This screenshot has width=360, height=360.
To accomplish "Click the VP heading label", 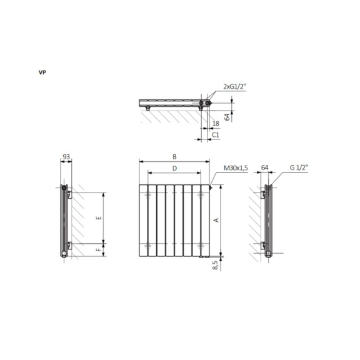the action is click(42, 72).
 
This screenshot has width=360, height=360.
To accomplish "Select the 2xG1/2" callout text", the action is click(234, 87).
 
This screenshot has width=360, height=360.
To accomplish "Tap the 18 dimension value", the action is click(216, 124).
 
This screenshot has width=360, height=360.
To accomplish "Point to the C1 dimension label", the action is click(216, 135).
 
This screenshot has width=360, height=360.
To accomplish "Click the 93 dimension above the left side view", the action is click(66, 157).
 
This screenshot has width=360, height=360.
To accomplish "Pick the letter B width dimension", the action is click(174, 157).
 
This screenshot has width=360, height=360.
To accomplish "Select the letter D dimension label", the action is click(174, 169).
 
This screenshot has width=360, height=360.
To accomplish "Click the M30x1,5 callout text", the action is click(236, 168).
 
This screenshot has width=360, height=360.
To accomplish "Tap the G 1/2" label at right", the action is click(299, 167).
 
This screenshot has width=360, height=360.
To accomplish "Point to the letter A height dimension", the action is click(216, 220).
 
